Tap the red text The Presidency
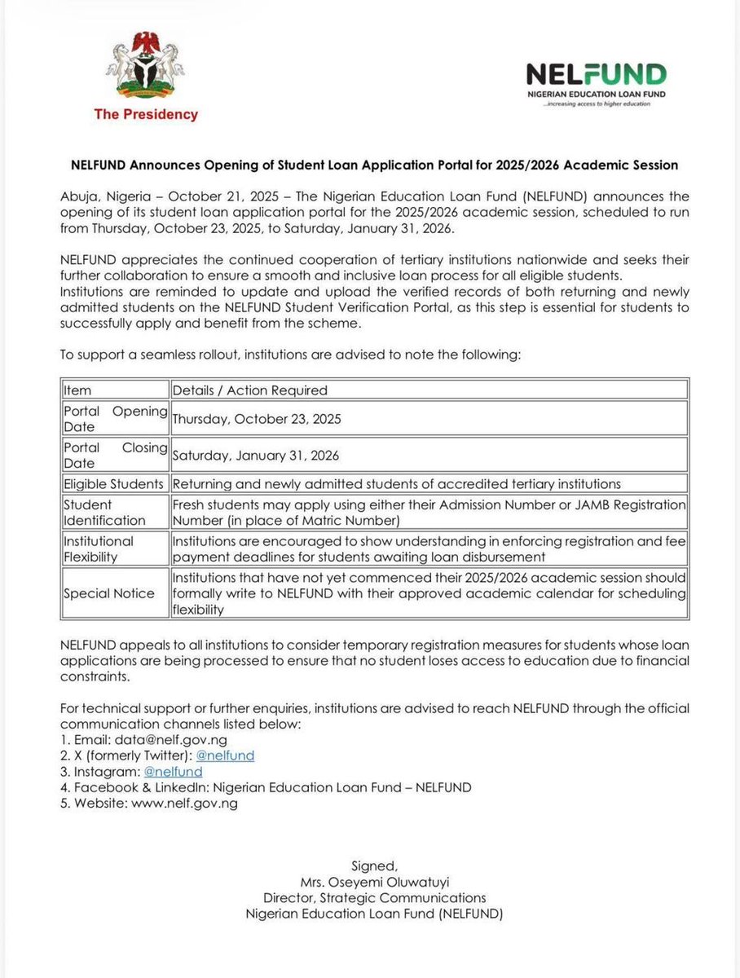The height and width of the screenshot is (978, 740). [146, 115]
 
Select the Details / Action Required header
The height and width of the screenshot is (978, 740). [249, 390]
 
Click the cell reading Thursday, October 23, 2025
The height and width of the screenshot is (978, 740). [257, 419]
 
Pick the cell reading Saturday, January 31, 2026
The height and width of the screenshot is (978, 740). [255, 456]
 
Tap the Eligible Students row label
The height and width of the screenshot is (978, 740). [114, 483]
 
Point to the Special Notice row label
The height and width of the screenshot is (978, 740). [109, 593]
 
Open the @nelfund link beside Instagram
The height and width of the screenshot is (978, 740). [173, 771]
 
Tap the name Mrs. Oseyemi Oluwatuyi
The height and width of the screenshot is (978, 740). [374, 883]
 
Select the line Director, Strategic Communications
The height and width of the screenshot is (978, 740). [374, 898]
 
